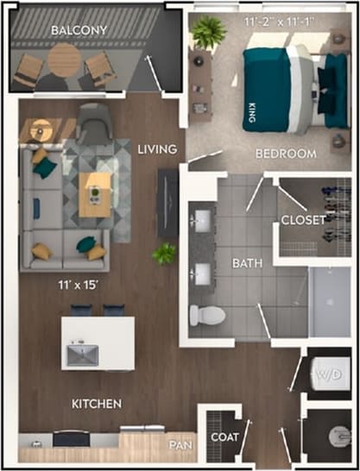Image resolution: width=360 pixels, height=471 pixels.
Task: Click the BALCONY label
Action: pyautogui.click(x=79, y=31)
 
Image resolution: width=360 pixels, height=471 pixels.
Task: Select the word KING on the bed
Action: pyautogui.click(x=251, y=113)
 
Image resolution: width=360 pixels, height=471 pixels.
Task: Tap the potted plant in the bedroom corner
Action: pyautogui.click(x=208, y=32)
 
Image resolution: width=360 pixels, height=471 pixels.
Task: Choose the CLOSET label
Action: pyautogui.click(x=303, y=220)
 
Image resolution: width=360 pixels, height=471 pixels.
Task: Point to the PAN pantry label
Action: pyautogui.click(x=180, y=444)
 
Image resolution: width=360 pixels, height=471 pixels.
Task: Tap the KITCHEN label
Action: pyautogui.click(x=97, y=403)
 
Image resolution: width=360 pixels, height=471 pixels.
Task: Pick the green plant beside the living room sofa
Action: pyautogui.click(x=163, y=254)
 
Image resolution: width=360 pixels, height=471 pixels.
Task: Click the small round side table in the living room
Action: pyautogui.click(x=40, y=131)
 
